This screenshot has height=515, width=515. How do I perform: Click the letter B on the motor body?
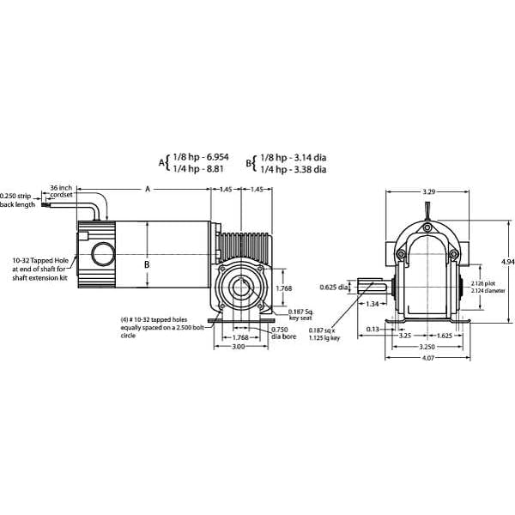147,264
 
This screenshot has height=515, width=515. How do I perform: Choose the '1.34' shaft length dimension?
372,303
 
